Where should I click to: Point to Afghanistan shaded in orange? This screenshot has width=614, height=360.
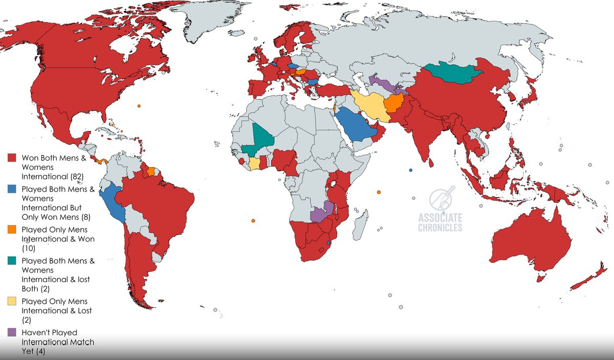(x=395, y=104)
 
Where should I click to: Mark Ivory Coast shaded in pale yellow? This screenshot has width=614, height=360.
(x=254, y=164)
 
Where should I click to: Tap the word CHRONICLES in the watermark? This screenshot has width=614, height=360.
(x=440, y=228)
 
